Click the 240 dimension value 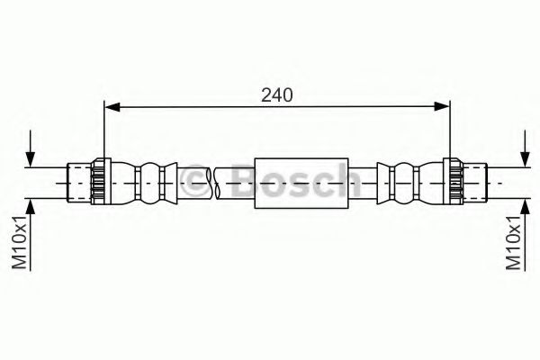point(278,94)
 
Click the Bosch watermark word point(288,183)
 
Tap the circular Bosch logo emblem point(192,181)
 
